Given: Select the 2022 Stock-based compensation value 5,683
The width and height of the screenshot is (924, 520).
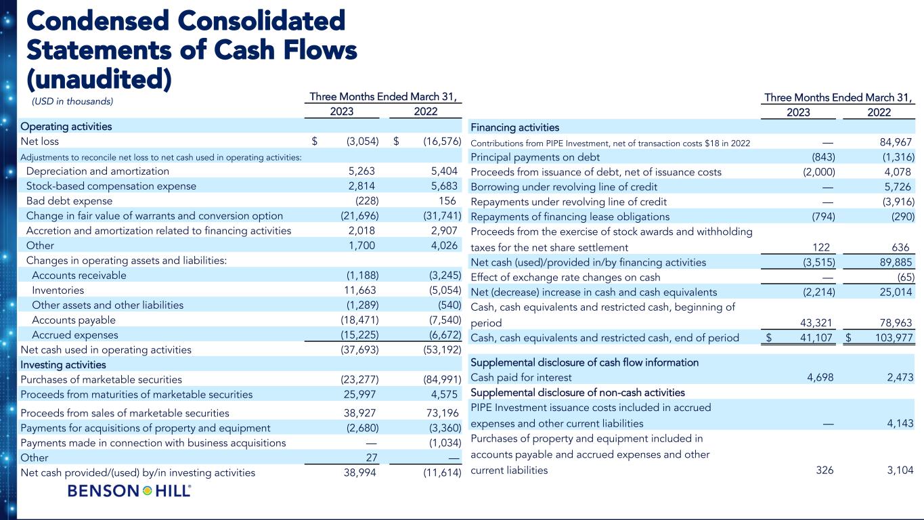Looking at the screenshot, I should [x=441, y=186].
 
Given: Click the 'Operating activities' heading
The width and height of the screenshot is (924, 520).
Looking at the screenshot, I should [x=66, y=127].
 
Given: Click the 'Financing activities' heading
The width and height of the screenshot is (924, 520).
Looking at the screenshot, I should [x=514, y=127].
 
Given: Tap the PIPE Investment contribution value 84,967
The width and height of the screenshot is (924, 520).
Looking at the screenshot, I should [x=893, y=142].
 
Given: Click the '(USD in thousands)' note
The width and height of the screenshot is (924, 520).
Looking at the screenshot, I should [x=69, y=102].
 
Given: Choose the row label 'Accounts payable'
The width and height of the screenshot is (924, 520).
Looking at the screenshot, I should [x=74, y=320].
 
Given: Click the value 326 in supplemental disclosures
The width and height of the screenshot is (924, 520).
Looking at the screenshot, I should [x=825, y=470].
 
